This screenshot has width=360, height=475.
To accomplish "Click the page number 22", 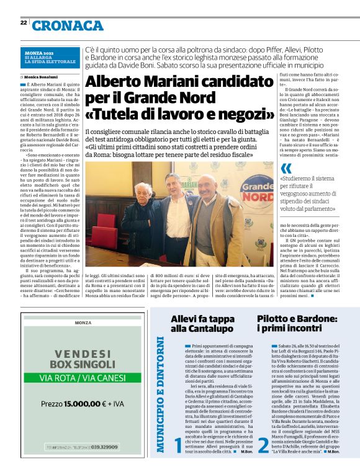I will (24, 22).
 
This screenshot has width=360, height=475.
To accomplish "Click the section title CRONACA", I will (68, 25).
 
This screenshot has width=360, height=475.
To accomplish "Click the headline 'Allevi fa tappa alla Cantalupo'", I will (203, 324).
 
